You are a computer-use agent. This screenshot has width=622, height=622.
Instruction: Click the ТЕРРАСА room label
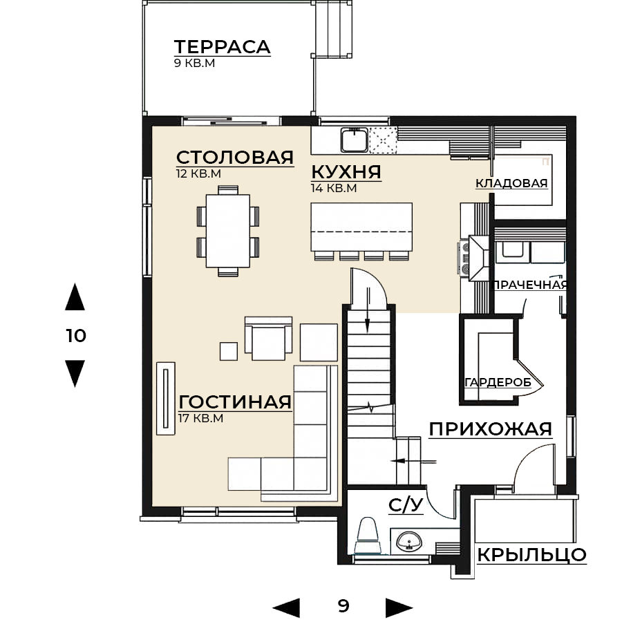point(222,47)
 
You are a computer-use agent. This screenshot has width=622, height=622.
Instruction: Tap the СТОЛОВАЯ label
point(235,158)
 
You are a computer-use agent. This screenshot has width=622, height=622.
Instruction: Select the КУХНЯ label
point(346,172)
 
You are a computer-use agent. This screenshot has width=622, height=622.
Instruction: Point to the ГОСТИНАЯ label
point(235,402)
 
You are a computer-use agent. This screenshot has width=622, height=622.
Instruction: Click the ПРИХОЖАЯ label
point(491,429)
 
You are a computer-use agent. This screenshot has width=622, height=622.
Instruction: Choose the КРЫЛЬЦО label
point(531,555)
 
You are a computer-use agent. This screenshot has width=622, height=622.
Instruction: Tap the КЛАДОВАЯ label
point(511,183)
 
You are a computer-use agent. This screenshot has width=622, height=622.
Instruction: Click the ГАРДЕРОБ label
point(498,382)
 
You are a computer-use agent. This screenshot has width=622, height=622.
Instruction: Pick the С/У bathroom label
point(406,505)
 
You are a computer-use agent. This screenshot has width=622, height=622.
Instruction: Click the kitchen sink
point(355,140)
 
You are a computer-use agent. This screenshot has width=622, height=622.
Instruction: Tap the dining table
point(228,231)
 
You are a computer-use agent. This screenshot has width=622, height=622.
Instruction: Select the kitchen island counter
point(361,227)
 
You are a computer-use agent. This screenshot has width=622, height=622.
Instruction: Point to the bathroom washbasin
point(409,542)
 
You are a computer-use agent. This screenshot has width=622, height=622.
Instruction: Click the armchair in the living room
point(269,339)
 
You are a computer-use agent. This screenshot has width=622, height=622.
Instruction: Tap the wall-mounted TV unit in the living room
point(166,398)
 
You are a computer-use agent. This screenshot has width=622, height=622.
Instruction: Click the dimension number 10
point(76,336)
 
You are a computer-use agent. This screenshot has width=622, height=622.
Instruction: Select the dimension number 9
point(343,605)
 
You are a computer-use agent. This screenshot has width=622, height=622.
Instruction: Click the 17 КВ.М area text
point(200,418)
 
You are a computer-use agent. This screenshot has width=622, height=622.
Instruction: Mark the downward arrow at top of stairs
point(368,310)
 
